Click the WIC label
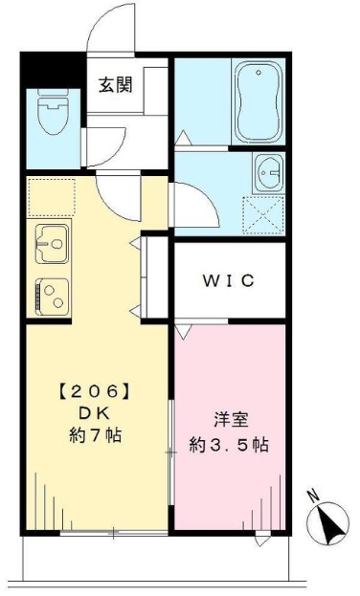point(228,281)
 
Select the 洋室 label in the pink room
point(229,419)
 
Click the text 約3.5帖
point(229,445)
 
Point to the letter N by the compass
point(312,496)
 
